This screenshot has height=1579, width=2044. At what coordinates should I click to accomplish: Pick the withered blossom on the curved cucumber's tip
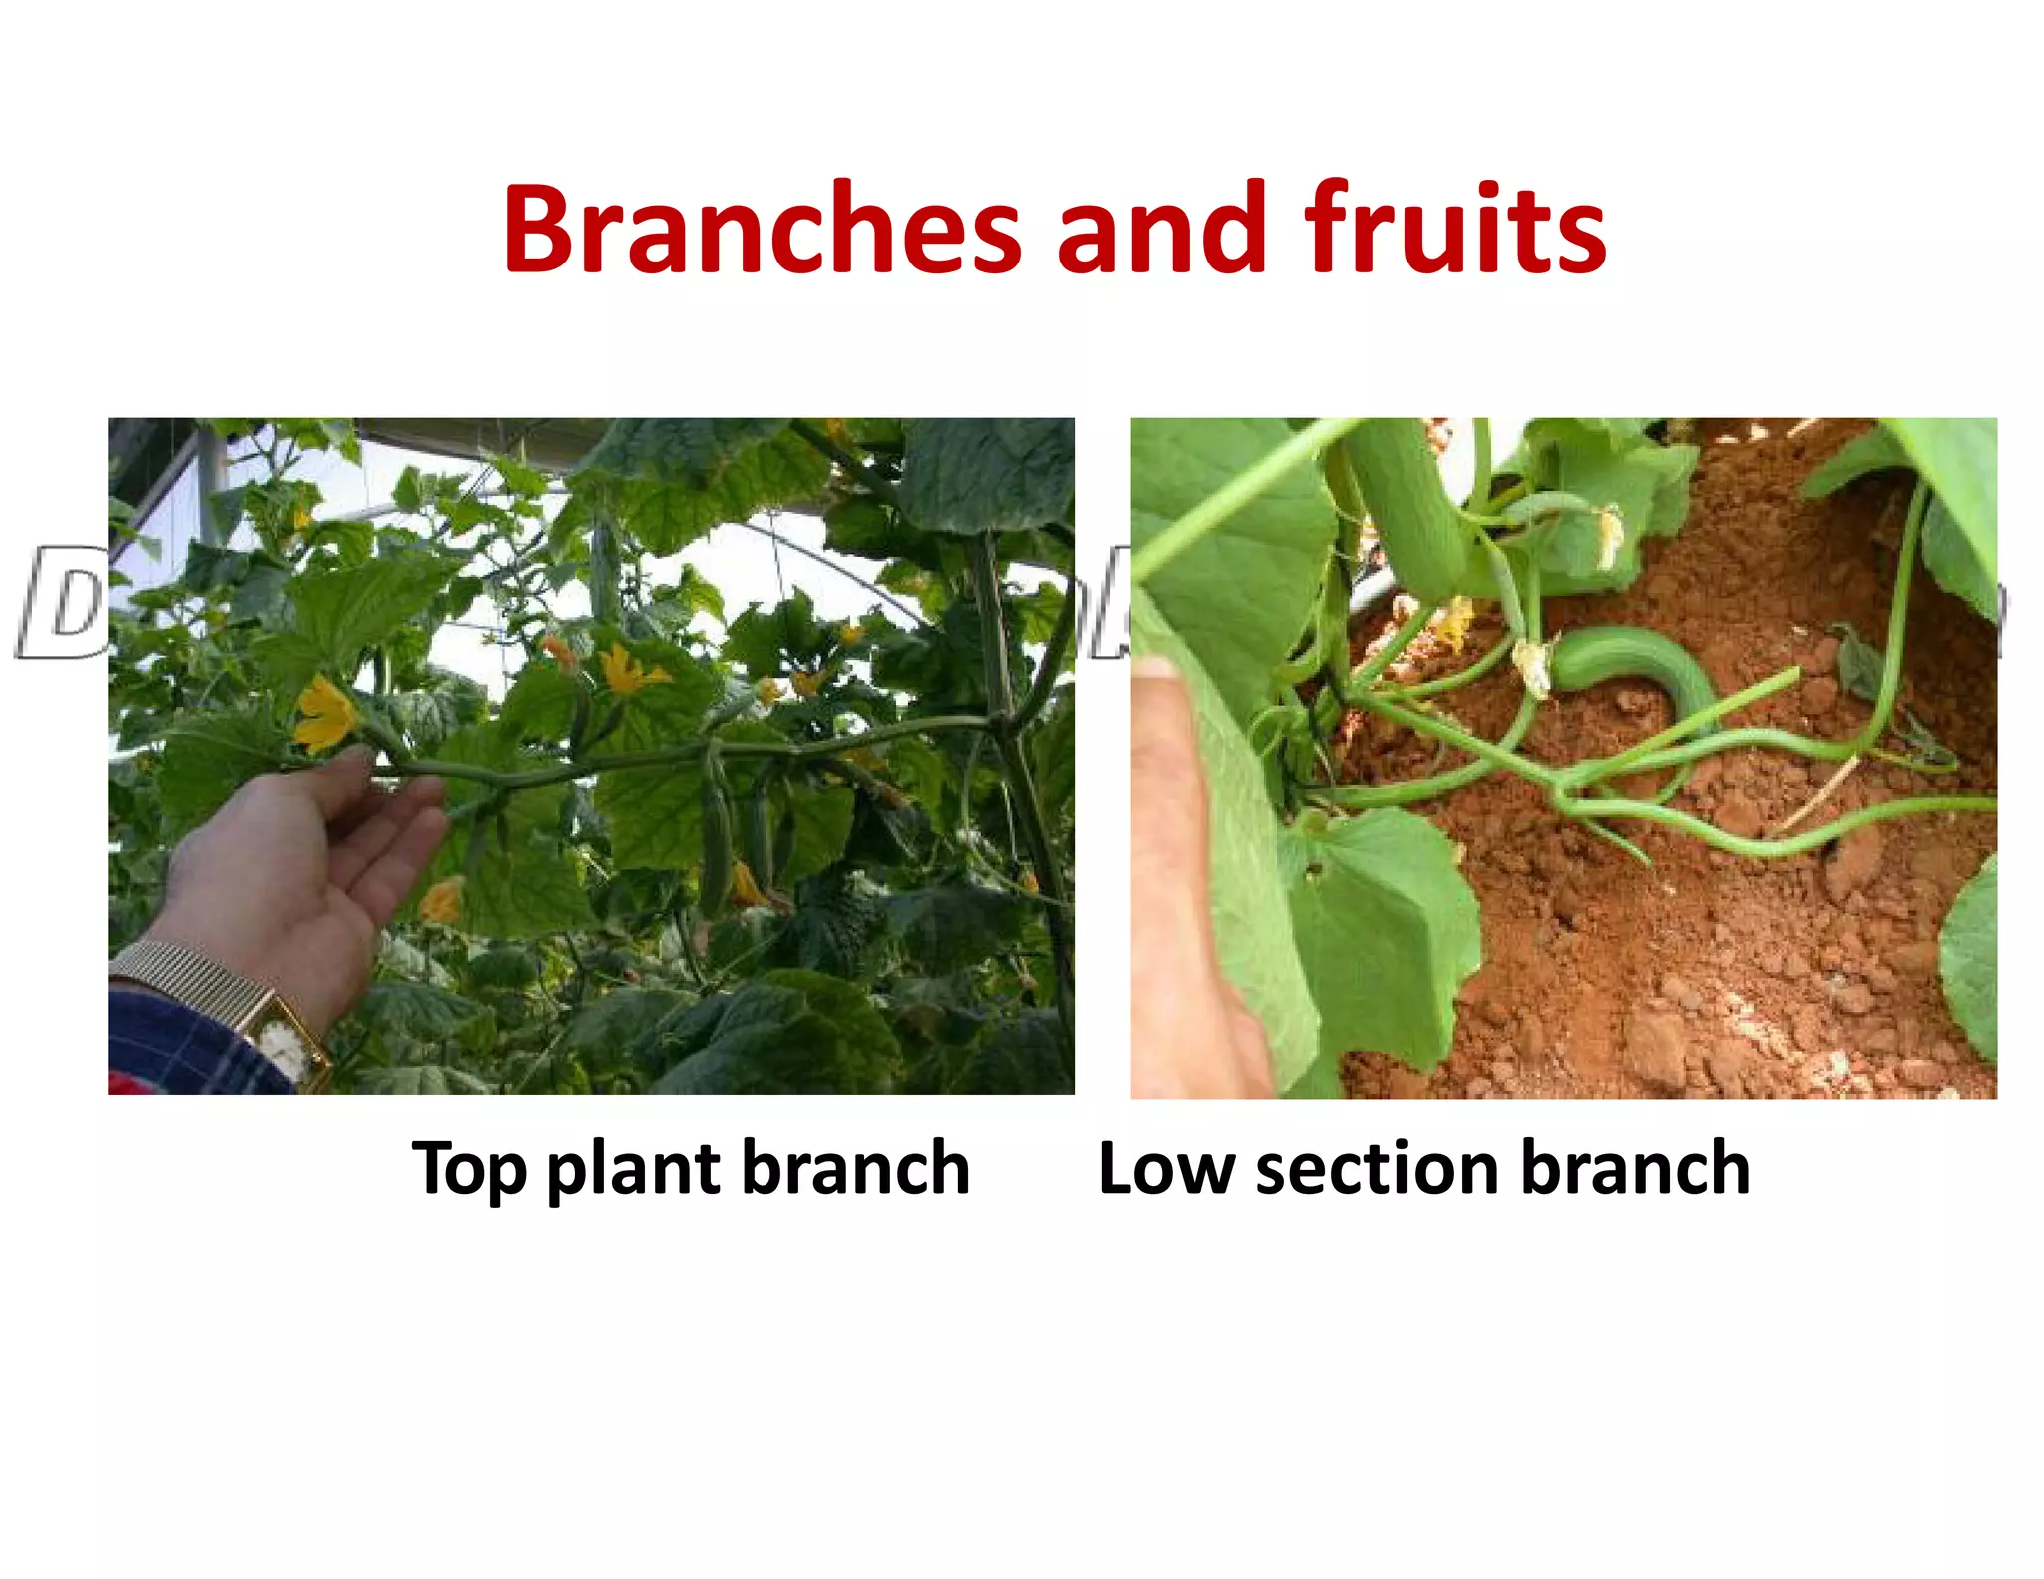point(1532,667)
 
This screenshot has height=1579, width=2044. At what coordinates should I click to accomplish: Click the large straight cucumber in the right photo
point(1407,504)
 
